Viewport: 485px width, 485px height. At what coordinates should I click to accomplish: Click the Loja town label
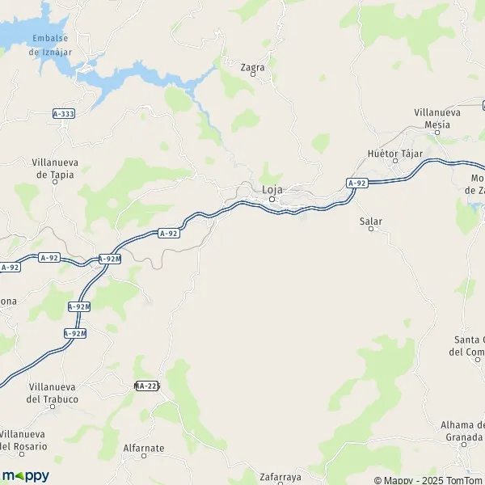click(272, 190)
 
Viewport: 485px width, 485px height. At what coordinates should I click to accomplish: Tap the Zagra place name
click(253, 68)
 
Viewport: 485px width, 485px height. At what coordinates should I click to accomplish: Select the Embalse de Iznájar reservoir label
click(46, 45)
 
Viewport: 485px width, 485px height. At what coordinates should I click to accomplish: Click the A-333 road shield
click(63, 114)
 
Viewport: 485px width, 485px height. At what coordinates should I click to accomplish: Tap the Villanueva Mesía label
click(437, 118)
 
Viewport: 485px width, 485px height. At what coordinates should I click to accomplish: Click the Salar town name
click(371, 220)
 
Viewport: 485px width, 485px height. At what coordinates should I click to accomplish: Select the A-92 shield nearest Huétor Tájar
click(357, 183)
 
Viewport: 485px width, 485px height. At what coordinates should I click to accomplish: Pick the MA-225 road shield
click(148, 386)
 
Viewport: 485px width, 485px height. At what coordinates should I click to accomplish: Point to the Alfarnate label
click(144, 447)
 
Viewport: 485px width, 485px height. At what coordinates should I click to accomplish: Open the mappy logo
click(26, 475)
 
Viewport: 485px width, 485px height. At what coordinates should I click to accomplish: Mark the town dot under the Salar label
click(372, 229)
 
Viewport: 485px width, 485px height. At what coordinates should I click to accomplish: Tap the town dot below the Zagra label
click(254, 76)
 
